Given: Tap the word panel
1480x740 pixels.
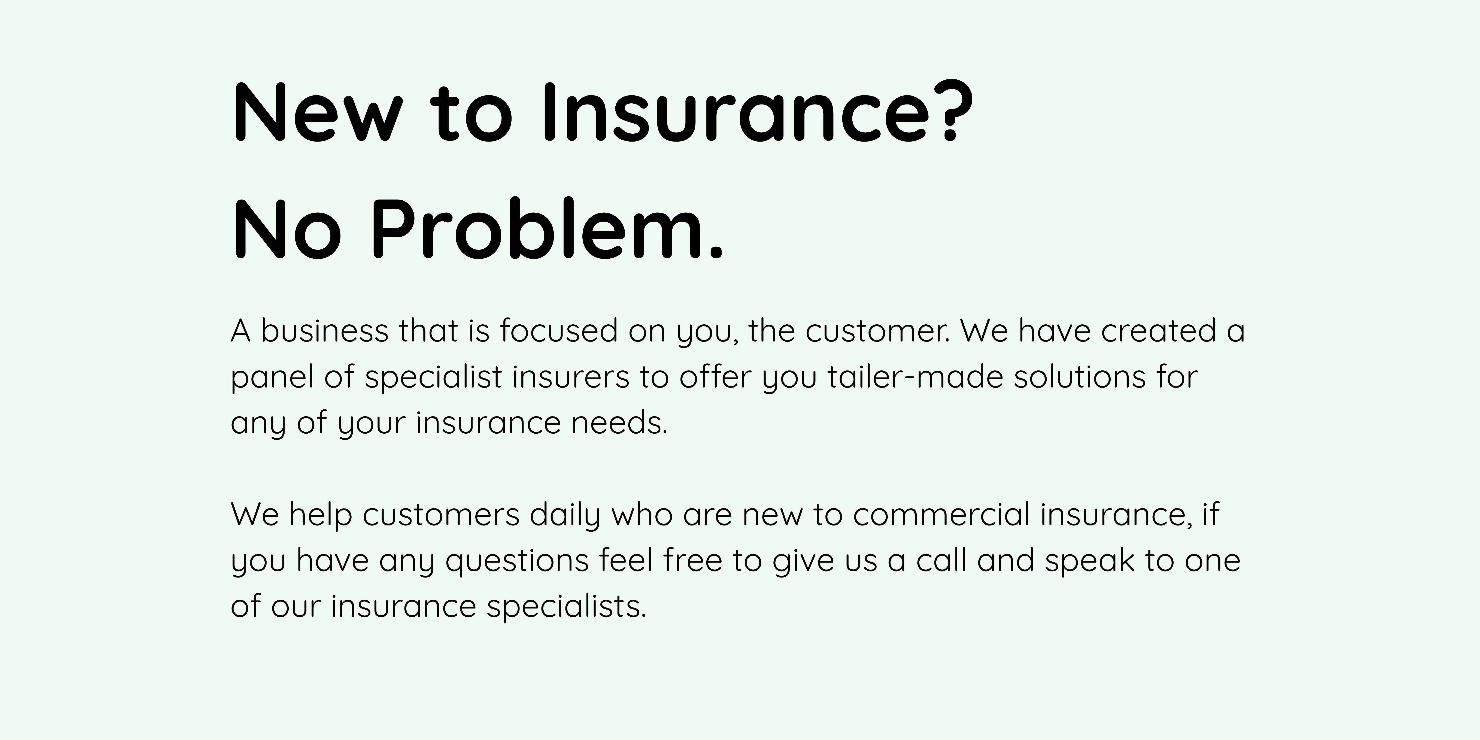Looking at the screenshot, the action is (272, 377).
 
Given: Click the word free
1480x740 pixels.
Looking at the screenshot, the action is (692, 560).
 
